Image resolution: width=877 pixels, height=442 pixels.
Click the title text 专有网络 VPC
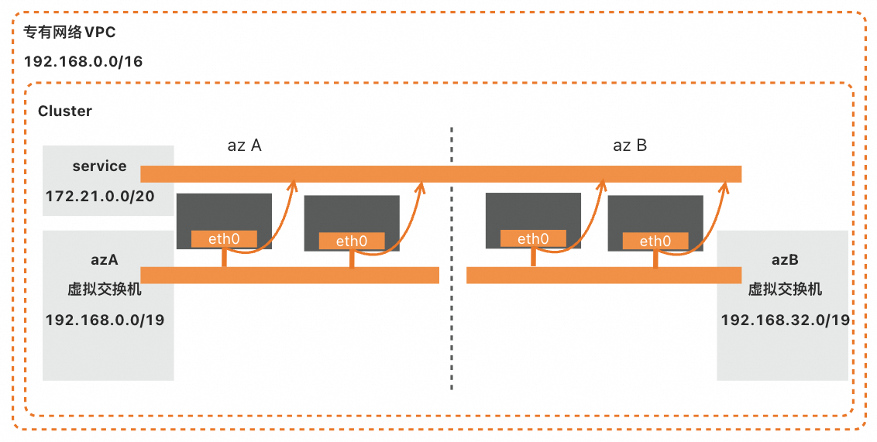71,34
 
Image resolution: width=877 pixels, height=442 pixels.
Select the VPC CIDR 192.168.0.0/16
84,62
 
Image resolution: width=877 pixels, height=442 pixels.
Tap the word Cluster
65,111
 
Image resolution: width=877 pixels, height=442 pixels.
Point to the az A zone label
244,145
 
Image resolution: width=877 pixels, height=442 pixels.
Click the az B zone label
629,145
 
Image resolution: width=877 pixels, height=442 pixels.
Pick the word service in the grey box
99,166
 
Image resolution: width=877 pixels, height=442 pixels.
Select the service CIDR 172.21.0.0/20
100,197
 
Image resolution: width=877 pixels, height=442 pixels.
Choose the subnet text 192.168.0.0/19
105,320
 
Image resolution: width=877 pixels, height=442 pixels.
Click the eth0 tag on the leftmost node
224,239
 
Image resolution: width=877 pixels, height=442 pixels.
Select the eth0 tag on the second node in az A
352,241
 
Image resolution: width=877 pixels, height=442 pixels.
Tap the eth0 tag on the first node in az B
533,239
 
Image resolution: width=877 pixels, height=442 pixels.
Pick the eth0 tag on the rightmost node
655,241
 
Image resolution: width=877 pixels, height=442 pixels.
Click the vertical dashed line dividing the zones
452,325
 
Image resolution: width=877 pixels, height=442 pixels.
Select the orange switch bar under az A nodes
290,275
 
